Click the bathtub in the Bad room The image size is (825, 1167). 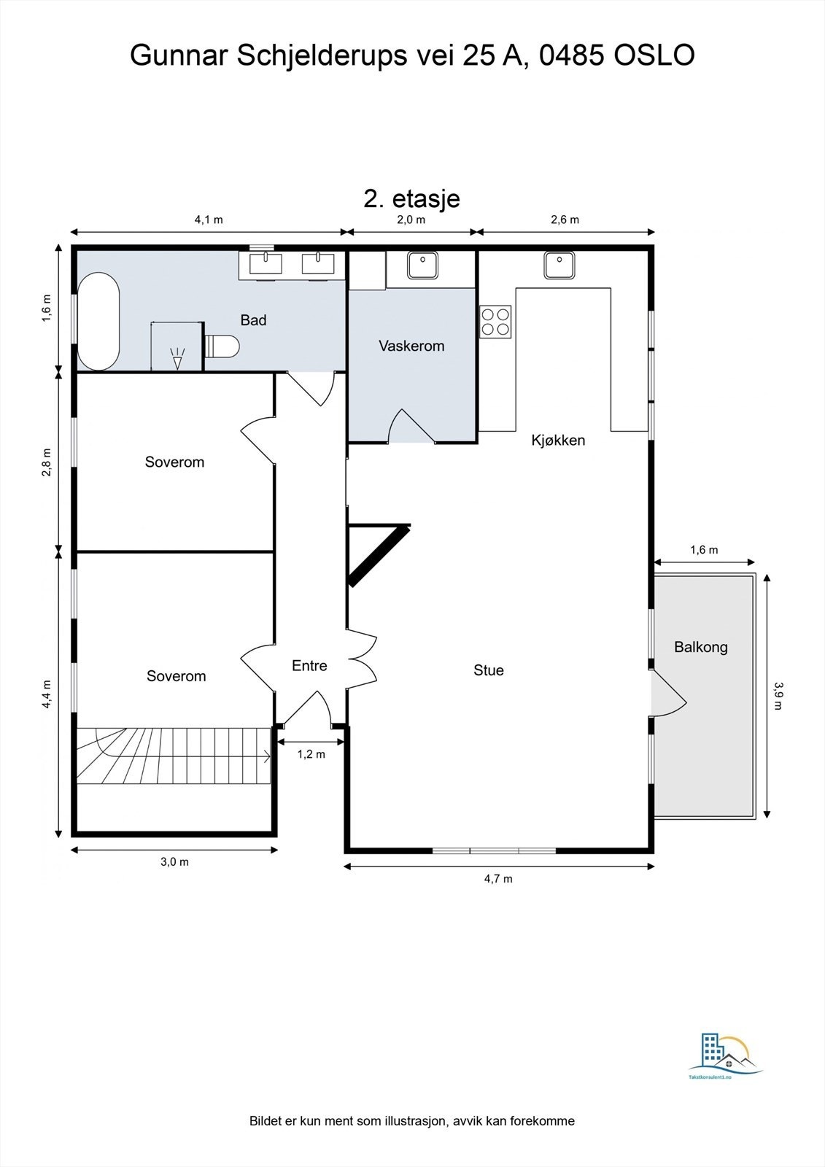coord(98,322)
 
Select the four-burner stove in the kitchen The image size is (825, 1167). coord(495,322)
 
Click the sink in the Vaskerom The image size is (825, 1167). coord(422,265)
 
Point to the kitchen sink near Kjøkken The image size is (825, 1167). coord(559,265)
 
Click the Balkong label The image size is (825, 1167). coord(700,647)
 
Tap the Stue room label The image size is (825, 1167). coord(488,670)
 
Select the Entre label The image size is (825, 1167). coord(309,665)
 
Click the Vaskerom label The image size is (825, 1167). coord(411,346)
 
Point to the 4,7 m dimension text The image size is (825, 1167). coord(498,879)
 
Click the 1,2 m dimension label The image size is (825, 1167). coord(311,754)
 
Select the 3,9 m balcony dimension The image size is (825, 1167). coord(778,696)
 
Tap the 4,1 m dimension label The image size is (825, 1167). coord(209,220)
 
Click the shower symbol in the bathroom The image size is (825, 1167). coord(178,358)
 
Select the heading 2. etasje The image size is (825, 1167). coord(411,198)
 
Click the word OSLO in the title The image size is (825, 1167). coord(654,55)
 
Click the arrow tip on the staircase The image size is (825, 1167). coord(270,756)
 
